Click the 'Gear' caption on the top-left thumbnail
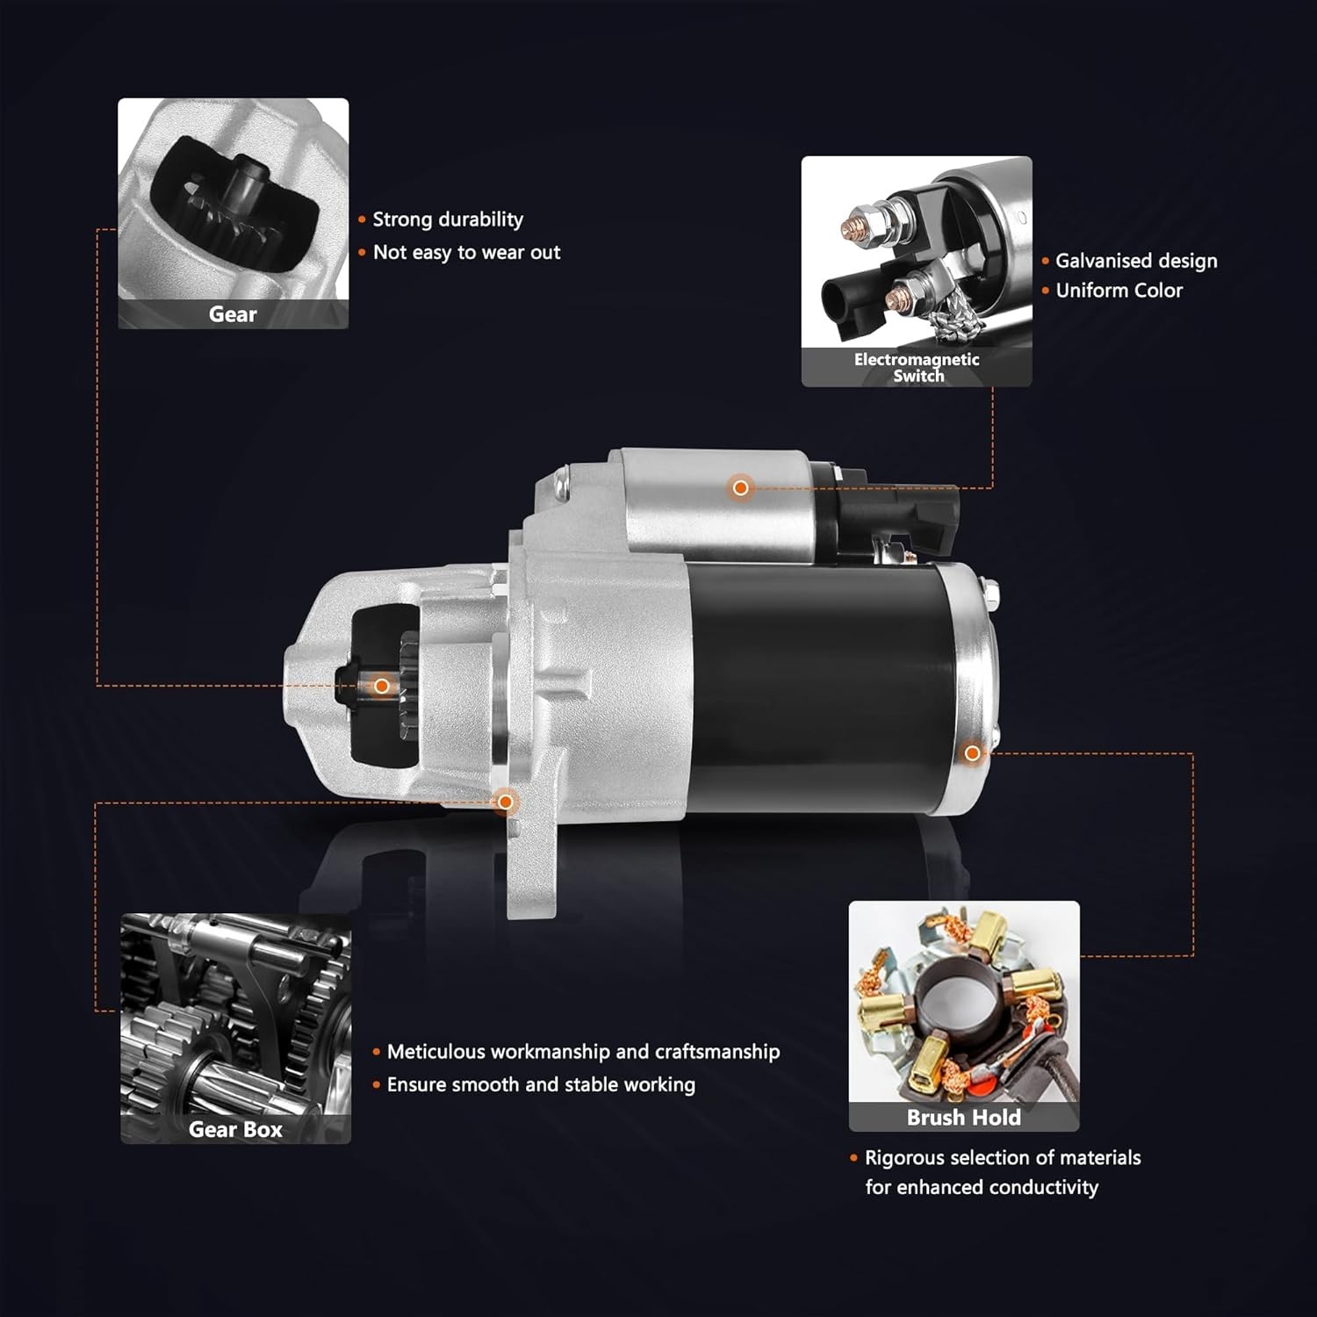[233, 314]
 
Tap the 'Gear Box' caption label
[235, 1129]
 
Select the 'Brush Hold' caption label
[964, 1117]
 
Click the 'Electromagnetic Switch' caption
[918, 367]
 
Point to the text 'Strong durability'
[448, 219]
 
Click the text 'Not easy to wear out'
[466, 253]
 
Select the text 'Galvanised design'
[1136, 261]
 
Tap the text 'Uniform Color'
[1119, 291]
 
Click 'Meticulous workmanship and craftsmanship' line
[583, 1052]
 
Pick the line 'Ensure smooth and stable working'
[541, 1085]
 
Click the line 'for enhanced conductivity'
[982, 1187]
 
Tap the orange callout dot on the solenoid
[741, 487]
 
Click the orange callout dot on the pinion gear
[382, 686]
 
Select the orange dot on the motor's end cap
[972, 753]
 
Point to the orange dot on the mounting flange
[505, 802]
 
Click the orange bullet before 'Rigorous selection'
[853, 1158]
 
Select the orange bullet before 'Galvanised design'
[1045, 262]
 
